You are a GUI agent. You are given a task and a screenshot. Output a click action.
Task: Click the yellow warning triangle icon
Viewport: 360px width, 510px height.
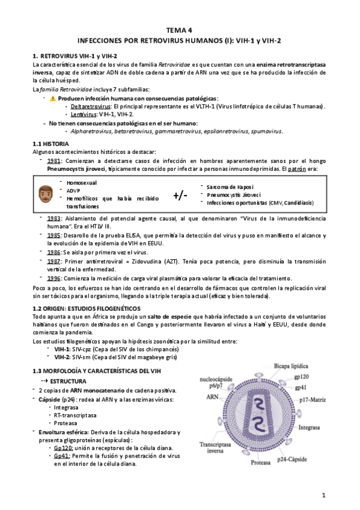pos(52,98)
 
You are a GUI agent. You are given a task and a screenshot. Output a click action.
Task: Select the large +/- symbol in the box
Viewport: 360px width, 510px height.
pos(181,195)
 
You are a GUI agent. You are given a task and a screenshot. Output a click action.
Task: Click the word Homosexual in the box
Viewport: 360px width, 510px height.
pos(82,182)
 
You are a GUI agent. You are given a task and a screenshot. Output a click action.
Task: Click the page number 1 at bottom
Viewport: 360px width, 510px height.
pos(323,495)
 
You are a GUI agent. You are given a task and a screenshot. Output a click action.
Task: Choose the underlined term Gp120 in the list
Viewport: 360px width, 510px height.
pos(63,448)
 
